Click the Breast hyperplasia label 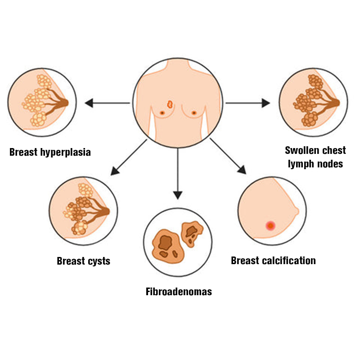point(50,152)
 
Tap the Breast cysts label point(83,261)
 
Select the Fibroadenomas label point(179,292)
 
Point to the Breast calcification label point(273,261)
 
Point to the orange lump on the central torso point(170,104)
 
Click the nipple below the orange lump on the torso point(162,112)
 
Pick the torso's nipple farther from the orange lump point(194,112)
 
